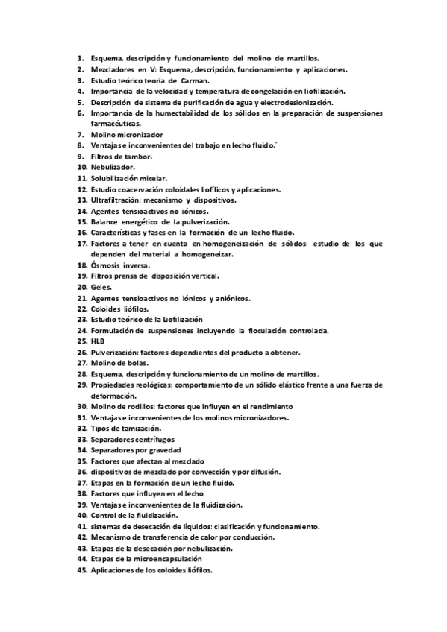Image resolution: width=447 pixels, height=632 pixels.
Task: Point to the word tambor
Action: coord(137,157)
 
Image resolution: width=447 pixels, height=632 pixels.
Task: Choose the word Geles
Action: coord(101,287)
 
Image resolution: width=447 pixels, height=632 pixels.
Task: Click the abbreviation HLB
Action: coord(97,341)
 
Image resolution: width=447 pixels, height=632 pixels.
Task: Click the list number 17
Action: coord(81,244)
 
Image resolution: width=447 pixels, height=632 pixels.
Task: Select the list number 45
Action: coord(81,569)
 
